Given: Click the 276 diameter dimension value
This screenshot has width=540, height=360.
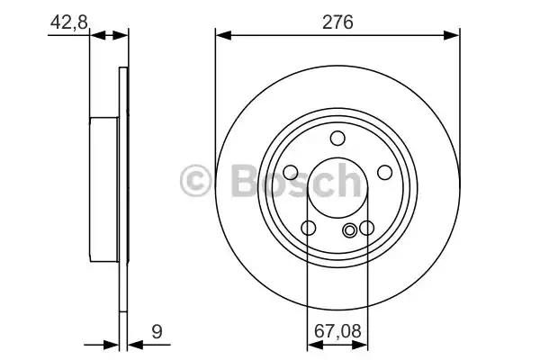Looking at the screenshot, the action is (x=337, y=22).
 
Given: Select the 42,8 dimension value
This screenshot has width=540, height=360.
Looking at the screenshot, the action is (x=69, y=22).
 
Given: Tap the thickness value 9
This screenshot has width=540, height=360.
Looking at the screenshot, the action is (x=157, y=332).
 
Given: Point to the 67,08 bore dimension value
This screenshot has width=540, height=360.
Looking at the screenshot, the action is (x=337, y=331).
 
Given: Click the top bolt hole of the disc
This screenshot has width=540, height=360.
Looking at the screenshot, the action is (x=337, y=138).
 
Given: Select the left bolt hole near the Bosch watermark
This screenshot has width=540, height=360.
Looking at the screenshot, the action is (x=291, y=172).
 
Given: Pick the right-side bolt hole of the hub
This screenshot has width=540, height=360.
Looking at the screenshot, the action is (x=384, y=172).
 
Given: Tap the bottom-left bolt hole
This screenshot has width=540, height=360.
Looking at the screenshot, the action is (x=308, y=228).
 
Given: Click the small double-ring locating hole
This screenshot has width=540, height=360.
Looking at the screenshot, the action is (x=349, y=229).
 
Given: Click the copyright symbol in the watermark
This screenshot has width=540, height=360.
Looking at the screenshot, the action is (x=195, y=181).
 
